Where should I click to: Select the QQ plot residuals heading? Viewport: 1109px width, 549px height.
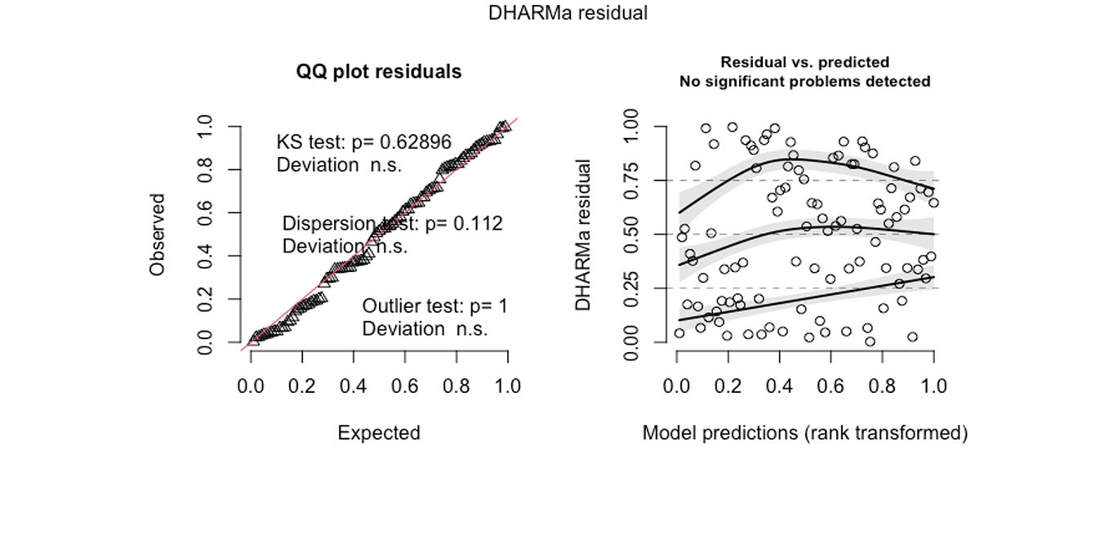[x=379, y=72]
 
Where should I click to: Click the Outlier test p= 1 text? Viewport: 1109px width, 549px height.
[x=434, y=306]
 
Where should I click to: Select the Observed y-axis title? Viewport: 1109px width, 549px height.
[x=158, y=234]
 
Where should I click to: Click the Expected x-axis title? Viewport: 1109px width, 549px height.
[x=379, y=432]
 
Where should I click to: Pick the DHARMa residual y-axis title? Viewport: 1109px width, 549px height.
[x=582, y=234]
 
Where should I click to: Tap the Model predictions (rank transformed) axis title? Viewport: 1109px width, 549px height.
[x=804, y=432]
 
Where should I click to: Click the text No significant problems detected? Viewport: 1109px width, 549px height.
[x=804, y=82]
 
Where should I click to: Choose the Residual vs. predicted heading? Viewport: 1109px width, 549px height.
[x=804, y=62]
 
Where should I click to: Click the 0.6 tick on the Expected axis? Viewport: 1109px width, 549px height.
[x=405, y=386]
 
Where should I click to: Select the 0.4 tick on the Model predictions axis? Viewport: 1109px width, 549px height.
[x=780, y=386]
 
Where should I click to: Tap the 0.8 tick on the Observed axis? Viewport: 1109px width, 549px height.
[x=208, y=170]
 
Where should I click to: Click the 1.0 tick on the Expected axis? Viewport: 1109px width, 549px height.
[x=508, y=386]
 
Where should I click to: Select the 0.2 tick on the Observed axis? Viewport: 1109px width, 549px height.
[x=208, y=299]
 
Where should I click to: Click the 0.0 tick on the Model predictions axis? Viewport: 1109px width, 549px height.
[x=677, y=386]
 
